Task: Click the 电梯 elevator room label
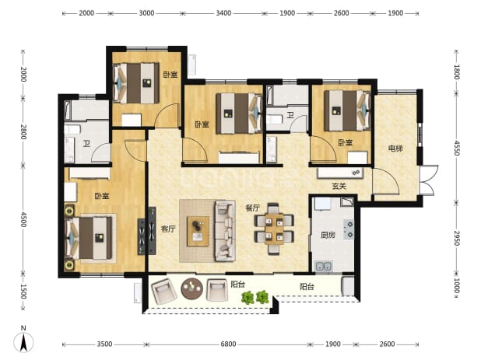[x=395, y=149]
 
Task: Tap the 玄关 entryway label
[x=339, y=186]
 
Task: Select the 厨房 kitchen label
[x=328, y=235]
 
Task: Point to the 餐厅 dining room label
[x=252, y=208]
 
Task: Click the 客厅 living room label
[x=168, y=229]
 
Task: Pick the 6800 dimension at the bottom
[x=228, y=344]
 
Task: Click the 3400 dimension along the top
[x=223, y=13]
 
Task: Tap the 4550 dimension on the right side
[x=457, y=148]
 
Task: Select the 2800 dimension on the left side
[x=23, y=132]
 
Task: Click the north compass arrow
[x=23, y=342]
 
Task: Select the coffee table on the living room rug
[x=198, y=232]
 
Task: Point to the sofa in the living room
[x=225, y=231]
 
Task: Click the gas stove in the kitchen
[x=349, y=229]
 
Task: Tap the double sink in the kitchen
[x=324, y=266]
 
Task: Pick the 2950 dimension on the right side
[x=457, y=238]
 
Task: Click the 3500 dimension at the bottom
[x=104, y=344]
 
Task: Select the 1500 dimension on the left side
[x=23, y=292]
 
